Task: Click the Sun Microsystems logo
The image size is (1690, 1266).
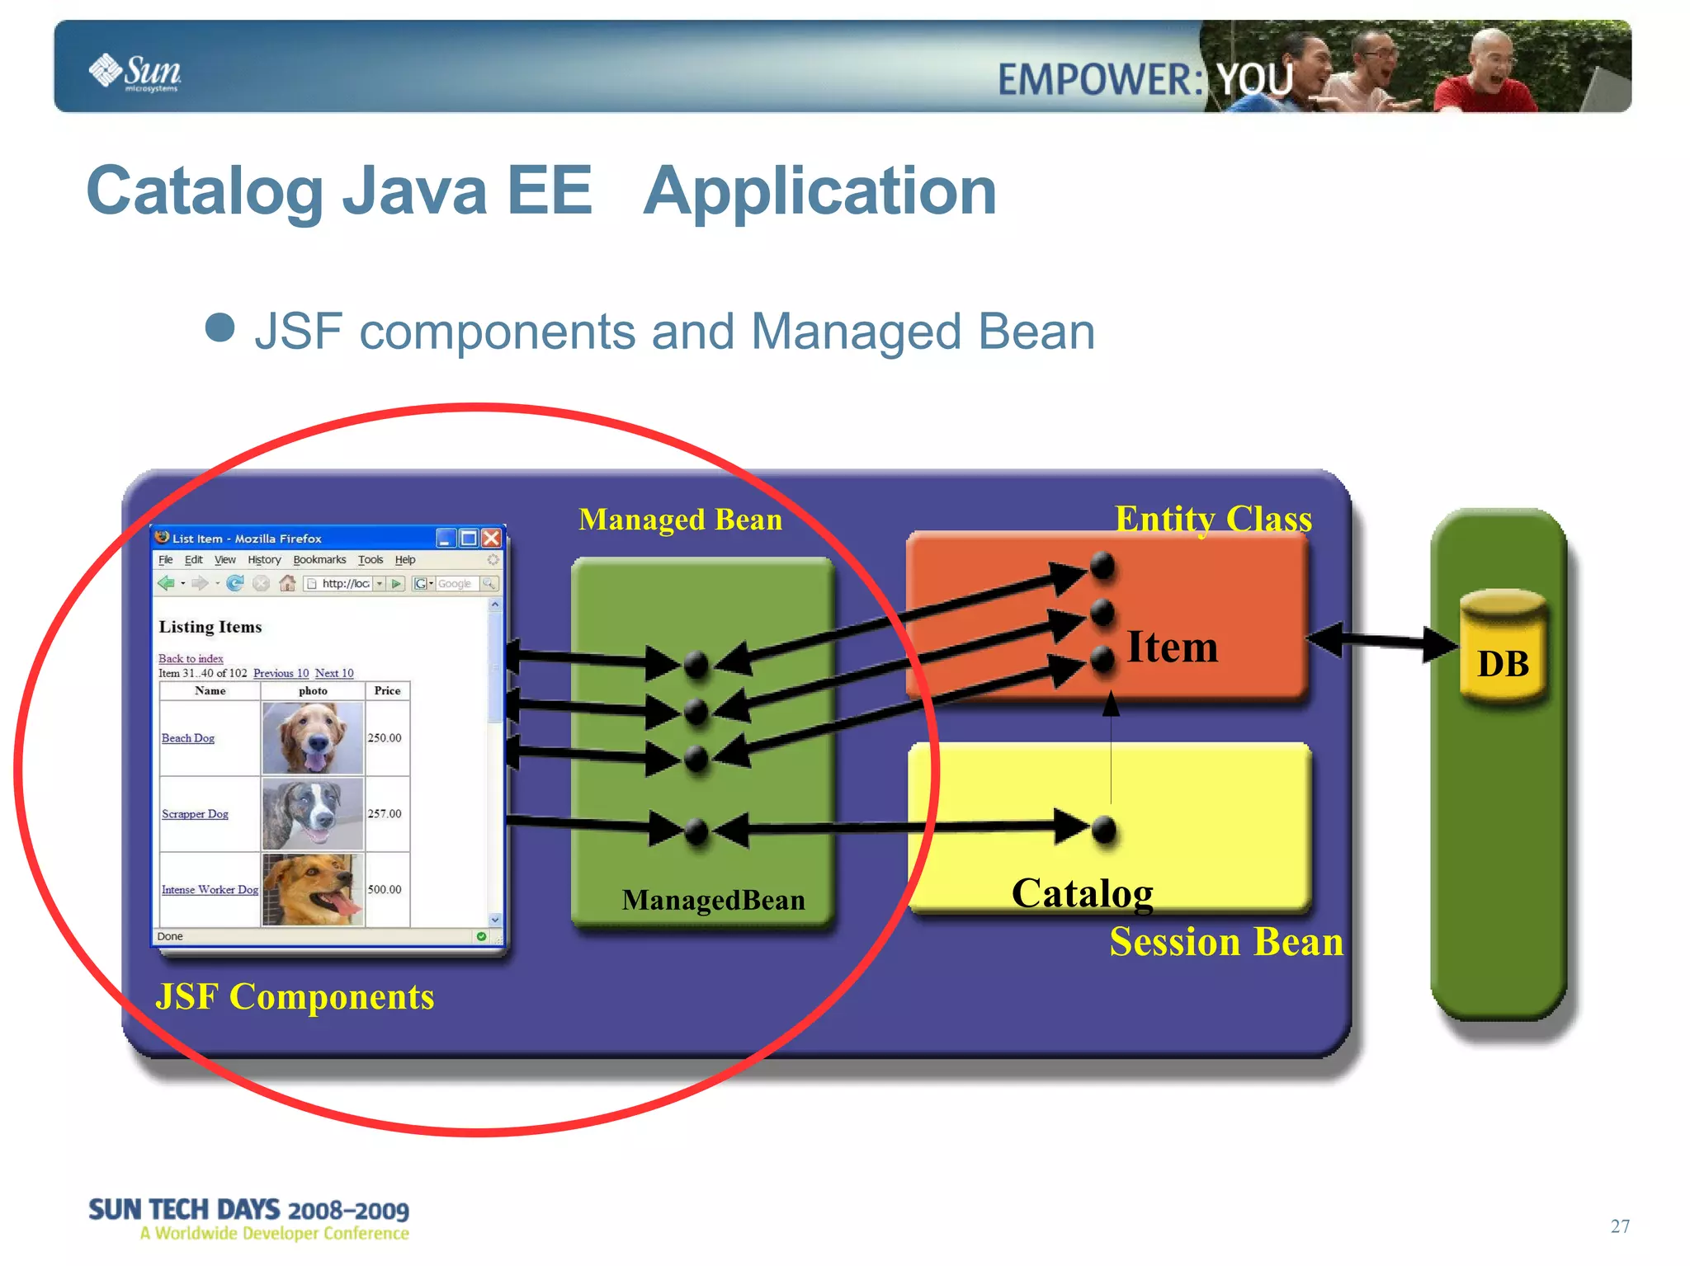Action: click(136, 73)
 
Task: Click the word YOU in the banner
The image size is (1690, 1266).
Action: click(1254, 80)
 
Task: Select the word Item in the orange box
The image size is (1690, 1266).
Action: click(1172, 647)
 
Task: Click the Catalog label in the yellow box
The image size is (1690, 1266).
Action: click(1082, 894)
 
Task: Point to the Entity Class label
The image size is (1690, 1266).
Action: click(1212, 520)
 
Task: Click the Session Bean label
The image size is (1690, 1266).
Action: click(1225, 942)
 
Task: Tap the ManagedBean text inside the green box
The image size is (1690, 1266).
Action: click(713, 900)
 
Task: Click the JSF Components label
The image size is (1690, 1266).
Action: click(295, 997)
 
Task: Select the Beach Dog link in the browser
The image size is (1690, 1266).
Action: click(188, 738)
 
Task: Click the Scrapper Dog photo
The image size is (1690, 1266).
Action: click(313, 814)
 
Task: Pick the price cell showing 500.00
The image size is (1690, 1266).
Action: click(385, 889)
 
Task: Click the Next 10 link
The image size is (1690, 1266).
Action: click(334, 673)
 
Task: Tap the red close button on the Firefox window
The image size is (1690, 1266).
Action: click(492, 539)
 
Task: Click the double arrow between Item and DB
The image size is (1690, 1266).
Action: click(1382, 641)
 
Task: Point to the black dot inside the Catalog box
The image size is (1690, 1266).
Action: click(1103, 830)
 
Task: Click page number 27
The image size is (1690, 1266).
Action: click(1619, 1226)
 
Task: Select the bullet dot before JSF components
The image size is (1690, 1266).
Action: click(220, 327)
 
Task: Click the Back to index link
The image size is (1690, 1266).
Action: click(191, 658)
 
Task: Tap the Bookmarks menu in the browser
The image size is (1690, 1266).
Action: click(319, 560)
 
